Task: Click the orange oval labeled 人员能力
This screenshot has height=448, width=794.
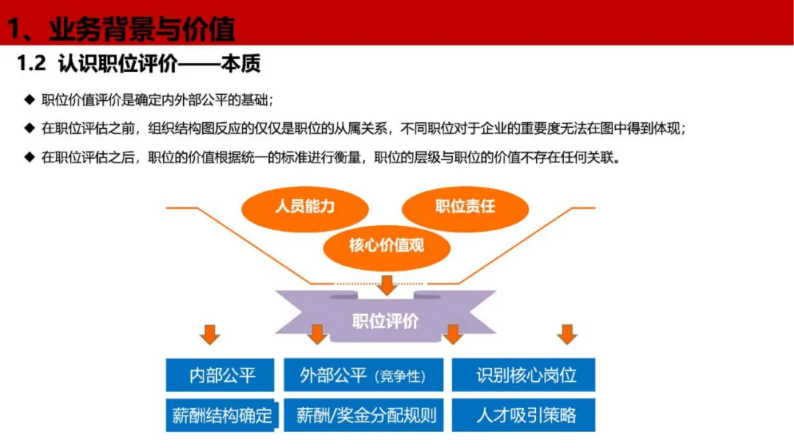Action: tap(305, 207)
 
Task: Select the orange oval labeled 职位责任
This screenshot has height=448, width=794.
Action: tap(465, 207)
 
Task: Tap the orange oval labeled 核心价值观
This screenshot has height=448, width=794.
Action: tap(387, 247)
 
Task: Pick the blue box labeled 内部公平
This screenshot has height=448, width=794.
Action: tap(220, 375)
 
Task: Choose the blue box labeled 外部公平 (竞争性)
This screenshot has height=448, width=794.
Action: tap(364, 375)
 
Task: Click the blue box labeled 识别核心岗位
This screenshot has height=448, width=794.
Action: tap(523, 375)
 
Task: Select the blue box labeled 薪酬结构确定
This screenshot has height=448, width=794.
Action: tap(221, 415)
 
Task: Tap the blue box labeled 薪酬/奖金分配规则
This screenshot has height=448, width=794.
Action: tap(364, 415)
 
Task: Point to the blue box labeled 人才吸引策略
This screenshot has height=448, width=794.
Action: tap(523, 415)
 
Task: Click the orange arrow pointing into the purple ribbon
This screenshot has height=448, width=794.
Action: tap(387, 285)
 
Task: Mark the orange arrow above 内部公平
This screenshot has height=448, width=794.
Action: tap(210, 335)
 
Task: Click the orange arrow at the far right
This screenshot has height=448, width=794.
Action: tap(567, 335)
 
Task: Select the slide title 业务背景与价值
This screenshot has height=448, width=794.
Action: tap(143, 29)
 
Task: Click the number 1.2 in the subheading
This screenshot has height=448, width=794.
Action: tap(32, 63)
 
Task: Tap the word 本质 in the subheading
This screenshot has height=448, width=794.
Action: tap(240, 64)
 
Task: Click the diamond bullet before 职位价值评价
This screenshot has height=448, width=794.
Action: tap(29, 99)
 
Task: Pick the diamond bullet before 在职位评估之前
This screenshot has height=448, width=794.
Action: tap(29, 128)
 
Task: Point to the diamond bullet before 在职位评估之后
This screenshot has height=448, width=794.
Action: tap(29, 157)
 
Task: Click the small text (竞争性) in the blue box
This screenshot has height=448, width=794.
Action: tap(401, 377)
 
